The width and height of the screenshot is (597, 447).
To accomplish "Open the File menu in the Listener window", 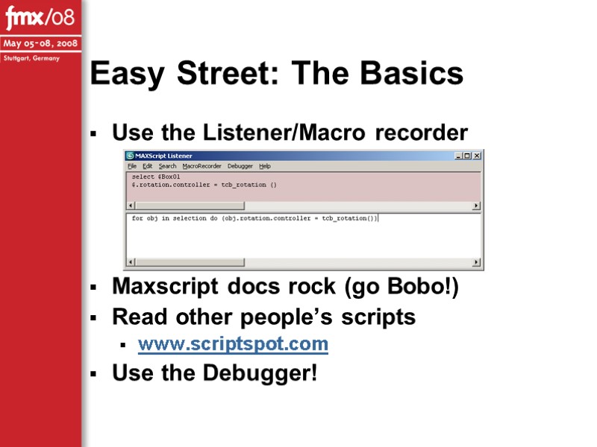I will pos(132,166).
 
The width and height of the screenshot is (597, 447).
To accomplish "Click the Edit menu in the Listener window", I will pos(148,166).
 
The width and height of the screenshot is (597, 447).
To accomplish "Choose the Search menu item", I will pos(167,166).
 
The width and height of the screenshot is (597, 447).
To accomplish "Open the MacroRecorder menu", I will pos(201,166).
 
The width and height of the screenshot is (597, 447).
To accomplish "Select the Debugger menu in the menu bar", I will pos(240,166).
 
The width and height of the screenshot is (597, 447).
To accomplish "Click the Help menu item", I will pos(265,166).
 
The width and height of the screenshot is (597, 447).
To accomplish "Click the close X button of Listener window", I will pos(477,156).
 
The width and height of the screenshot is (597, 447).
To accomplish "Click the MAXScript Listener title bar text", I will pos(163,156).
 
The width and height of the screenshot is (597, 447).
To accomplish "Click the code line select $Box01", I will pos(156,177).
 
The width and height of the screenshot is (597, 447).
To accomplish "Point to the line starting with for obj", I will pos(254,218).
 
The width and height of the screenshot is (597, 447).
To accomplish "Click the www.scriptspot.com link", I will pos(233,343).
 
